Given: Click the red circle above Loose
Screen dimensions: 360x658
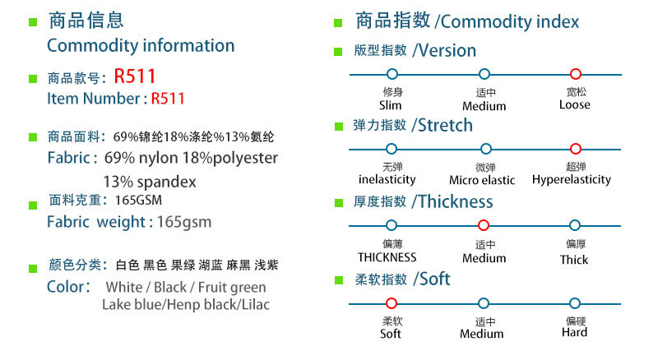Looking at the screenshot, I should [x=576, y=75].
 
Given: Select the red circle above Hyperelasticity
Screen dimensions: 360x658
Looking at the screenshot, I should [x=576, y=149].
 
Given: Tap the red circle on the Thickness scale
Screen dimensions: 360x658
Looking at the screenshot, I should [x=484, y=225].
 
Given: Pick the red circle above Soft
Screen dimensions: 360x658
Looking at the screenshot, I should [x=392, y=303].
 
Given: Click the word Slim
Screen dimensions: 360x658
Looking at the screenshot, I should [x=391, y=105].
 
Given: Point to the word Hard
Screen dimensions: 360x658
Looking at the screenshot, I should [x=574, y=333].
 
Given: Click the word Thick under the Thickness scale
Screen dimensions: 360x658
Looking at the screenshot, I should [x=574, y=259].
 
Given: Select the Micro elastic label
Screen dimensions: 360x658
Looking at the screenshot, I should [x=482, y=180].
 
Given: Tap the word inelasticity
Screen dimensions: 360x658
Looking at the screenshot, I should [x=387, y=179].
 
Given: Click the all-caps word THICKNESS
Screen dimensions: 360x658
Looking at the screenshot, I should [x=387, y=257].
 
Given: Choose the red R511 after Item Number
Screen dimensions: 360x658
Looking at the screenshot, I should [x=168, y=99].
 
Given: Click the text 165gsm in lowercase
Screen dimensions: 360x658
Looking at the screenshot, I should [x=184, y=222].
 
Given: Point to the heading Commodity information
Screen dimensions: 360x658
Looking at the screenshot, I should [x=141, y=46].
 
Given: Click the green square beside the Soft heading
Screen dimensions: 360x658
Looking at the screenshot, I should [x=337, y=281].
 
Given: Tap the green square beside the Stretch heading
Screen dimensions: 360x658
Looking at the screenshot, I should [x=337, y=127].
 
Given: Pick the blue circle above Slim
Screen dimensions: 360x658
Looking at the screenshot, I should [x=392, y=75].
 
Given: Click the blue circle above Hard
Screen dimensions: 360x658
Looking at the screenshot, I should [x=576, y=303].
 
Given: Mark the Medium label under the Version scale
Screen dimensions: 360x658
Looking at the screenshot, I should [x=484, y=106].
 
